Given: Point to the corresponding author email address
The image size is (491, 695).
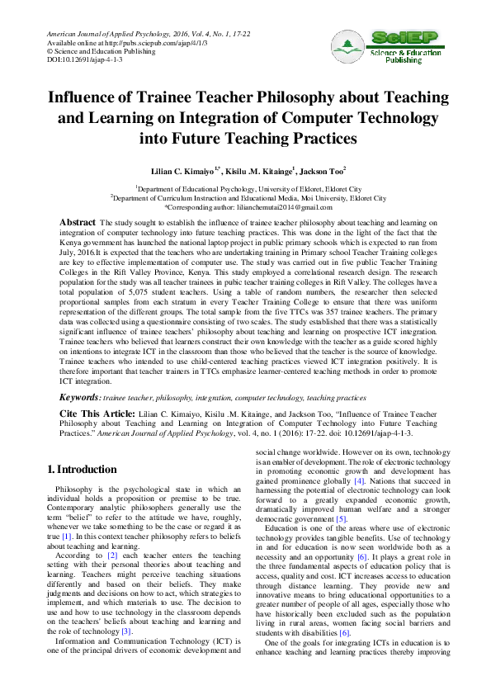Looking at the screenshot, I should [x=296, y=208].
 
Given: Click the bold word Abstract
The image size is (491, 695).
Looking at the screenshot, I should [x=78, y=223].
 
